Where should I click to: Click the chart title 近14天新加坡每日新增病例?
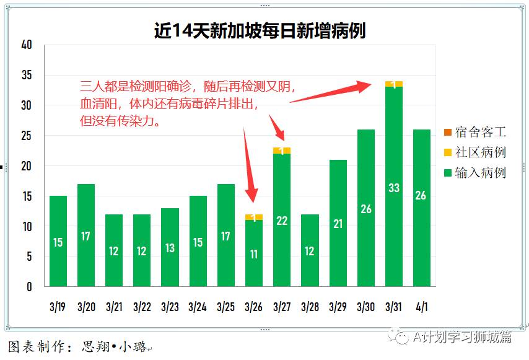point(260,30)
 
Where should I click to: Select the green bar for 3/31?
point(394,186)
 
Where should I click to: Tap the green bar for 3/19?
point(58,242)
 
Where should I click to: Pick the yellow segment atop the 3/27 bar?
point(282,151)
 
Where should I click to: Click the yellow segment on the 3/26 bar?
point(254,217)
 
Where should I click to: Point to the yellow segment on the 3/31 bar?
point(394,84)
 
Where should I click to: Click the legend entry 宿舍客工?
point(474,132)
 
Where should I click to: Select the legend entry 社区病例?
point(474,152)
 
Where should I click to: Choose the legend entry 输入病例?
point(474,173)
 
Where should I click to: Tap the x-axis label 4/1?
point(421,307)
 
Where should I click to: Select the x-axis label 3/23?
point(170,307)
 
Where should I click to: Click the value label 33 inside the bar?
point(394,188)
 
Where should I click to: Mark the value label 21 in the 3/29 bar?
point(338,224)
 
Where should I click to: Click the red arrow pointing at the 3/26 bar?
point(249,167)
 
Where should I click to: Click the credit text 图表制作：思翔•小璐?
point(77,346)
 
